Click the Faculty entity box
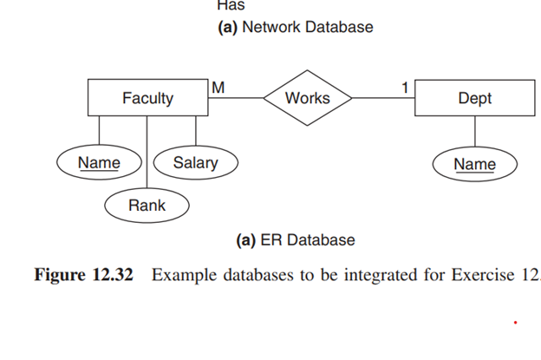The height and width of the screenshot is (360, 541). (x=147, y=98)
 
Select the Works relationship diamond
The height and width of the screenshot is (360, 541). (x=308, y=98)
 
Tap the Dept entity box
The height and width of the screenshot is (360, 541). (x=474, y=98)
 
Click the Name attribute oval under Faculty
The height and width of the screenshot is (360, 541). (x=99, y=162)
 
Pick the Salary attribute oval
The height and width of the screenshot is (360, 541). (x=195, y=162)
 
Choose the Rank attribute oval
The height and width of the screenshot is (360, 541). (x=147, y=206)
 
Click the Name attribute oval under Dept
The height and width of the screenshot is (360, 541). (x=474, y=164)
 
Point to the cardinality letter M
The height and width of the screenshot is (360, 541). (x=218, y=87)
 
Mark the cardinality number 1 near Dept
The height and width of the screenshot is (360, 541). (x=404, y=87)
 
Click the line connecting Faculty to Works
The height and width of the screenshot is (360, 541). (x=236, y=98)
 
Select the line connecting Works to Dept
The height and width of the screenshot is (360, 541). (x=383, y=98)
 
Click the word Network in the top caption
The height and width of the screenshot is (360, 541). (x=270, y=27)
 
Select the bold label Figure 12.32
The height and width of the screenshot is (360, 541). (x=83, y=276)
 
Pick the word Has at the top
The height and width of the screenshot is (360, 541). (x=231, y=5)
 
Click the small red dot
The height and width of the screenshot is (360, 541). (x=515, y=323)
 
